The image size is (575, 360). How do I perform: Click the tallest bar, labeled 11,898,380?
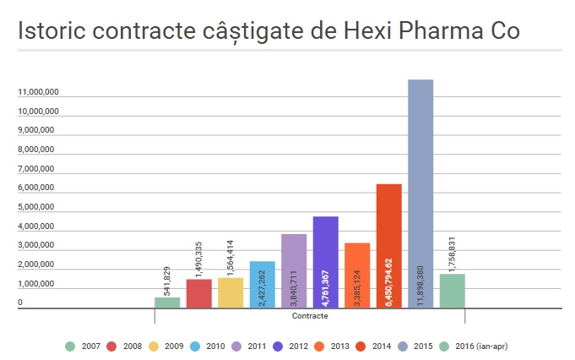click(420, 194)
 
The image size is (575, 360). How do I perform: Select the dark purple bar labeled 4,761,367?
click(325, 262)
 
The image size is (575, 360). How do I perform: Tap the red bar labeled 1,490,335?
click(198, 293)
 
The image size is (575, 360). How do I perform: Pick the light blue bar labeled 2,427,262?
click(262, 285)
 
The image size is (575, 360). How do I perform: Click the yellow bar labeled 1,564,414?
click(231, 292)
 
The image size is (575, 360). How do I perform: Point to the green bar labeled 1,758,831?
click(452, 291)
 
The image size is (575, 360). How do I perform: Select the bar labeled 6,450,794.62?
click(388, 246)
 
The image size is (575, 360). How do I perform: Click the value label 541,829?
click(167, 281)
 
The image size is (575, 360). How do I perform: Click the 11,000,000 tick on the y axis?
click(36, 91)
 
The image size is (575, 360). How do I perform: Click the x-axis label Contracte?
click(309, 317)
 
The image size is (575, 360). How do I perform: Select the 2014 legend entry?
click(371, 346)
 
